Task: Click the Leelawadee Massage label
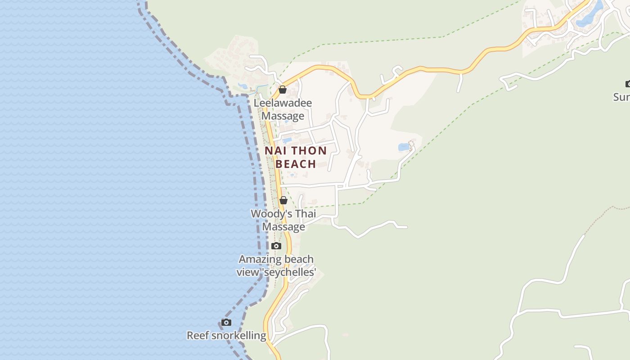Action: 283,109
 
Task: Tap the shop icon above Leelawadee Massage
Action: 283,90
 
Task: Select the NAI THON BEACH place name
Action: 296,157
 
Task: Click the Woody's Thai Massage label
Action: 283,220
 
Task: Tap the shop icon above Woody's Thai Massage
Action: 283,200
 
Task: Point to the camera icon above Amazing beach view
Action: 276,246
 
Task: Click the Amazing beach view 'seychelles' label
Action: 276,265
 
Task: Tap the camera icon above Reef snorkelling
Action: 226,322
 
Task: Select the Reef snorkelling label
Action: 226,336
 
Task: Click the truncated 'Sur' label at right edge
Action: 621,97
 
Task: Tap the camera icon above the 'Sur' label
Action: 628,84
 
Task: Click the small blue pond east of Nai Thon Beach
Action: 404,147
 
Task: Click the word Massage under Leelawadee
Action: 283,116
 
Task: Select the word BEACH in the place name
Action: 296,164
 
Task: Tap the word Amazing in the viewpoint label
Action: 258,259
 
